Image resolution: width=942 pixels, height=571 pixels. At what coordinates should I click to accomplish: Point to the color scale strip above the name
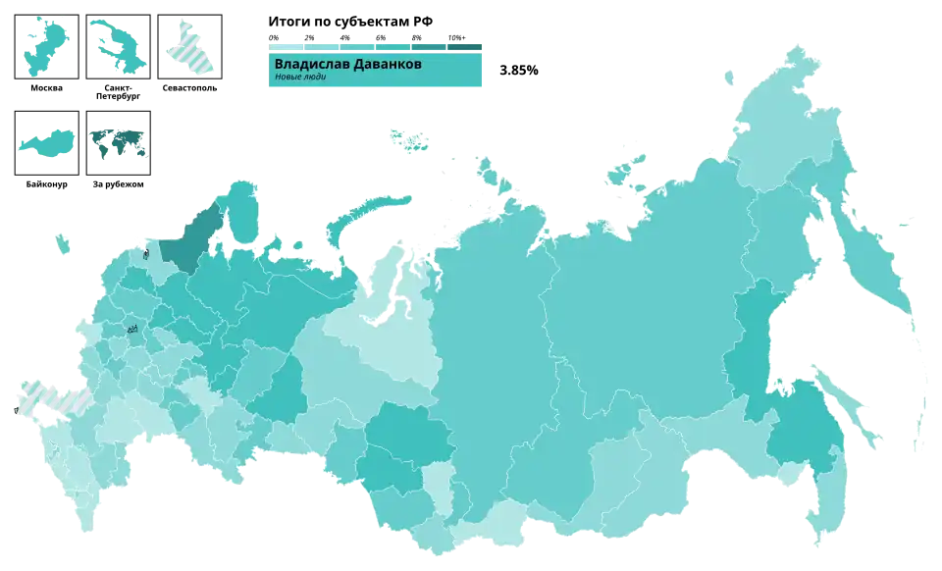click(x=376, y=46)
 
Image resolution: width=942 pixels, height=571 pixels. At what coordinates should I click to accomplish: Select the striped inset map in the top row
click(x=192, y=45)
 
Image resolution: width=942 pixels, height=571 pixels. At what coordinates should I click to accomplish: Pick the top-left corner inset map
click(x=44, y=44)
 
